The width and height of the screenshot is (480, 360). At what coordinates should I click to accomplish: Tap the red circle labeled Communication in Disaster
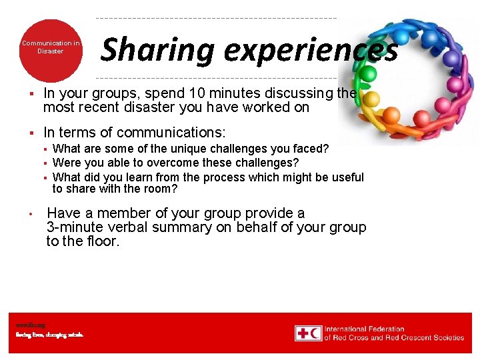[x=50, y=47]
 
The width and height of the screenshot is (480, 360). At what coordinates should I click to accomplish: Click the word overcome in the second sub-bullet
[x=182, y=163]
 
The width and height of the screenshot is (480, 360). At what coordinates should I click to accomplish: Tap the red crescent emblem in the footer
[x=315, y=333]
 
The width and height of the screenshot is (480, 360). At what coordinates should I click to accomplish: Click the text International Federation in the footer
[x=365, y=329]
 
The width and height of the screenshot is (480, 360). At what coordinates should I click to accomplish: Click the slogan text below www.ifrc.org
[x=50, y=335]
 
